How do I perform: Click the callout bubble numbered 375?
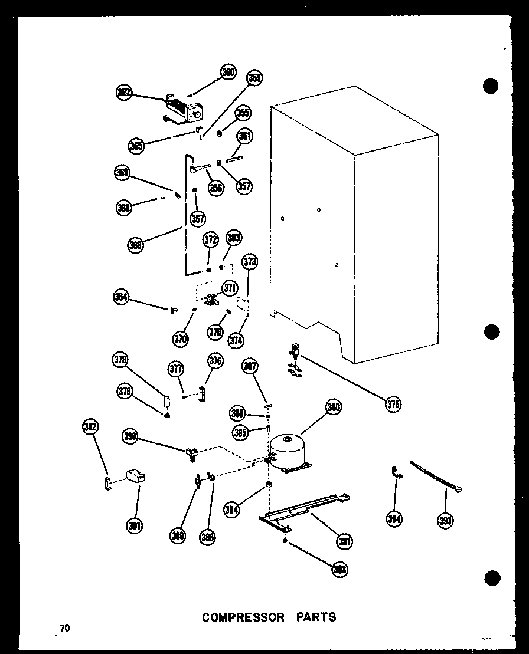(x=393, y=404)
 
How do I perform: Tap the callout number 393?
(x=445, y=520)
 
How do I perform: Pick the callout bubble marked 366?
(x=136, y=245)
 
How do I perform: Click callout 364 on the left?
(x=122, y=297)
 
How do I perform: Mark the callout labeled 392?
(x=91, y=427)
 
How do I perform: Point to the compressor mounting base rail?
(x=301, y=510)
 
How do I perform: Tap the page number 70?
(x=64, y=628)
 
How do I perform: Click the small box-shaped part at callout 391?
(x=136, y=476)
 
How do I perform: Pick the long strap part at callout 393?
(x=436, y=475)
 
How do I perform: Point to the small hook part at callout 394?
(x=396, y=472)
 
